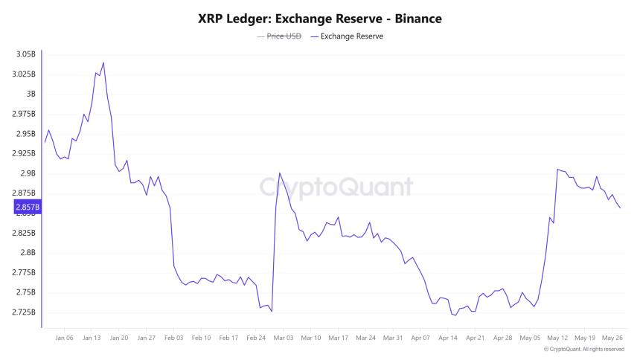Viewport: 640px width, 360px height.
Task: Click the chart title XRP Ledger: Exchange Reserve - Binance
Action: point(320,18)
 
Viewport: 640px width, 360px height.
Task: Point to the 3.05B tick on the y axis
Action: point(25,54)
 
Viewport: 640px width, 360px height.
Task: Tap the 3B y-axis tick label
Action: point(31,94)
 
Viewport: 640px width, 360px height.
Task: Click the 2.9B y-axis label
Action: point(27,173)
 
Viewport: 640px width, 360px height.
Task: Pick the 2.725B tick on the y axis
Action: point(23,312)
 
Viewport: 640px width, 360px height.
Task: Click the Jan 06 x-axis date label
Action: point(65,337)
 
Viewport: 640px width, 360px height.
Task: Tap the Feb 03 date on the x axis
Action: point(174,337)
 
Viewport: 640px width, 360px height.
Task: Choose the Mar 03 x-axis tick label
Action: point(284,337)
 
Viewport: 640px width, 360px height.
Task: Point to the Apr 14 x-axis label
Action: point(448,337)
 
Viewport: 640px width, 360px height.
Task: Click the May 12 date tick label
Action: point(557,337)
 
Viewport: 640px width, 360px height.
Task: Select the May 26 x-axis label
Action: point(612,337)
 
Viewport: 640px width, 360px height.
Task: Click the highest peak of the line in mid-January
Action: point(103,62)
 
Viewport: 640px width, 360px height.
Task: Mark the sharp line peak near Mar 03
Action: point(279,173)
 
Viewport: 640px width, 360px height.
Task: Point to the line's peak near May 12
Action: point(557,169)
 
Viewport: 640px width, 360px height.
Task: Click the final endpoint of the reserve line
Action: point(620,208)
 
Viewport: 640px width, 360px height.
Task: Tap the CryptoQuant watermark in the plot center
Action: point(336,186)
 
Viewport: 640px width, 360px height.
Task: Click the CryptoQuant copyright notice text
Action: point(583,349)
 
